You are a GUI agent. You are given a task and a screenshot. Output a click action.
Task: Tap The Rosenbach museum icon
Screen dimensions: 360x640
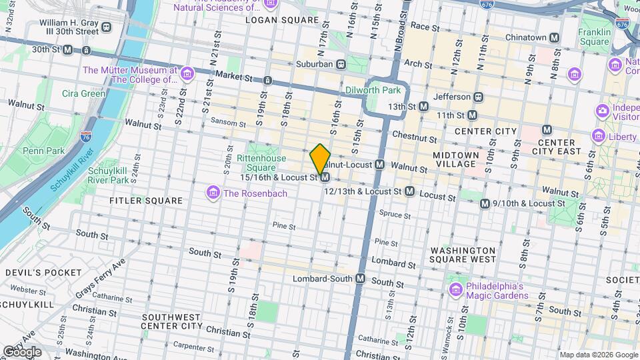coord(213,193)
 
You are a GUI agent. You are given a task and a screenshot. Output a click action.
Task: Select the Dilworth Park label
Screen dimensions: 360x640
coord(373,90)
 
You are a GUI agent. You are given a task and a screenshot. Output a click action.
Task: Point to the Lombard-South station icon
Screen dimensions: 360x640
coord(361,278)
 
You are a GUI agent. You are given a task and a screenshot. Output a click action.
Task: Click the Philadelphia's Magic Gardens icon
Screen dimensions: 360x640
coord(456,291)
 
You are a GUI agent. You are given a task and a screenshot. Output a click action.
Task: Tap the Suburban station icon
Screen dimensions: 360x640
coord(341,64)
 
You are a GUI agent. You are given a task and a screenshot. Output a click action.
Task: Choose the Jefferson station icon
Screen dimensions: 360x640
coord(478,97)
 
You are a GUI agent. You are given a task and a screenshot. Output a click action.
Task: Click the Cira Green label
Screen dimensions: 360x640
coord(84,93)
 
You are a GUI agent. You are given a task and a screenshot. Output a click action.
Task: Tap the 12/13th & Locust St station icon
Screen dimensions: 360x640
coord(410,191)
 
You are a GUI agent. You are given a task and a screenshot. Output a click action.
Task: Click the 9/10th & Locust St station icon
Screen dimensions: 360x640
coord(485,203)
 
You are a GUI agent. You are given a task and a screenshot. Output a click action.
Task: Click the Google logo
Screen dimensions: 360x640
coord(22,351)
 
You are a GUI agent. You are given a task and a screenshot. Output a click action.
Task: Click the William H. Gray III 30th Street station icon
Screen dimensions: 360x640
coord(107,27)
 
